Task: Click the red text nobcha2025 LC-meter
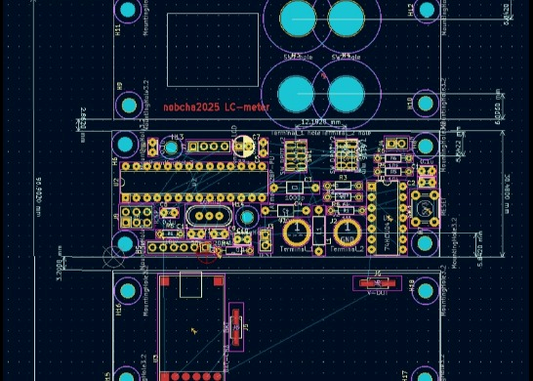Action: (x=216, y=106)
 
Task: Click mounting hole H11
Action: (x=128, y=12)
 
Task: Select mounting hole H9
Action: (x=128, y=105)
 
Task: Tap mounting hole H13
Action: (x=427, y=11)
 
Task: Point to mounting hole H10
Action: (x=426, y=104)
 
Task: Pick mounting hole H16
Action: (x=128, y=290)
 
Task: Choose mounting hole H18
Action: (x=427, y=289)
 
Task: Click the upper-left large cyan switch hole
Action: (x=298, y=17)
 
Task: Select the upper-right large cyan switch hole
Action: (x=345, y=17)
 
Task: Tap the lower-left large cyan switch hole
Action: (x=297, y=94)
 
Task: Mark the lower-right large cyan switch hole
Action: (x=345, y=94)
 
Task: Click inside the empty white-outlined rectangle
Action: (x=213, y=50)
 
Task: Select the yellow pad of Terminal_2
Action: (x=347, y=233)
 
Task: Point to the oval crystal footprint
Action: (x=206, y=216)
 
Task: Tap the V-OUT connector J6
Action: (x=376, y=283)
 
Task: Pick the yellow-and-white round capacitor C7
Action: (x=244, y=148)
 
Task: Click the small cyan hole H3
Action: (x=172, y=148)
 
